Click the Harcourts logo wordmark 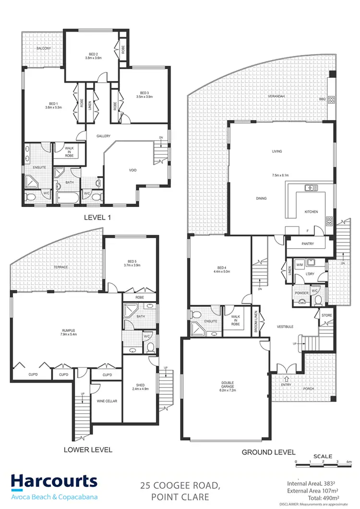click(x=54, y=482)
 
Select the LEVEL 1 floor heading click(x=97, y=218)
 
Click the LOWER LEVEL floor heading click(x=88, y=450)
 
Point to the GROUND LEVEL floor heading click(x=268, y=452)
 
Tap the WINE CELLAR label click(x=107, y=401)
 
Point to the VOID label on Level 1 click(x=133, y=170)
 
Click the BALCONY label click(x=44, y=48)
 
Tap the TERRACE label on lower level click(x=60, y=267)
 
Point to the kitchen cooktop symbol click(x=329, y=221)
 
